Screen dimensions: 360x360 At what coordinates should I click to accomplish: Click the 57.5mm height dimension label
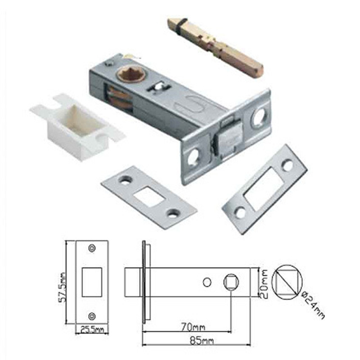[63, 287]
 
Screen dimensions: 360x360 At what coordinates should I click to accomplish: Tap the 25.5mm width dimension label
[92, 330]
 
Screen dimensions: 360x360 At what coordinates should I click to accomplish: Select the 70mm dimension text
[193, 327]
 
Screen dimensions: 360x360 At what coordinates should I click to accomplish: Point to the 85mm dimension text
[202, 341]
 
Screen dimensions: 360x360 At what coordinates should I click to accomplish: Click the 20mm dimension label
[264, 284]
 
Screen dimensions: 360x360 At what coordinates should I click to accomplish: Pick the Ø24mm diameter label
[313, 305]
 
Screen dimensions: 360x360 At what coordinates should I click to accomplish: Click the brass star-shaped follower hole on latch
[131, 75]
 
